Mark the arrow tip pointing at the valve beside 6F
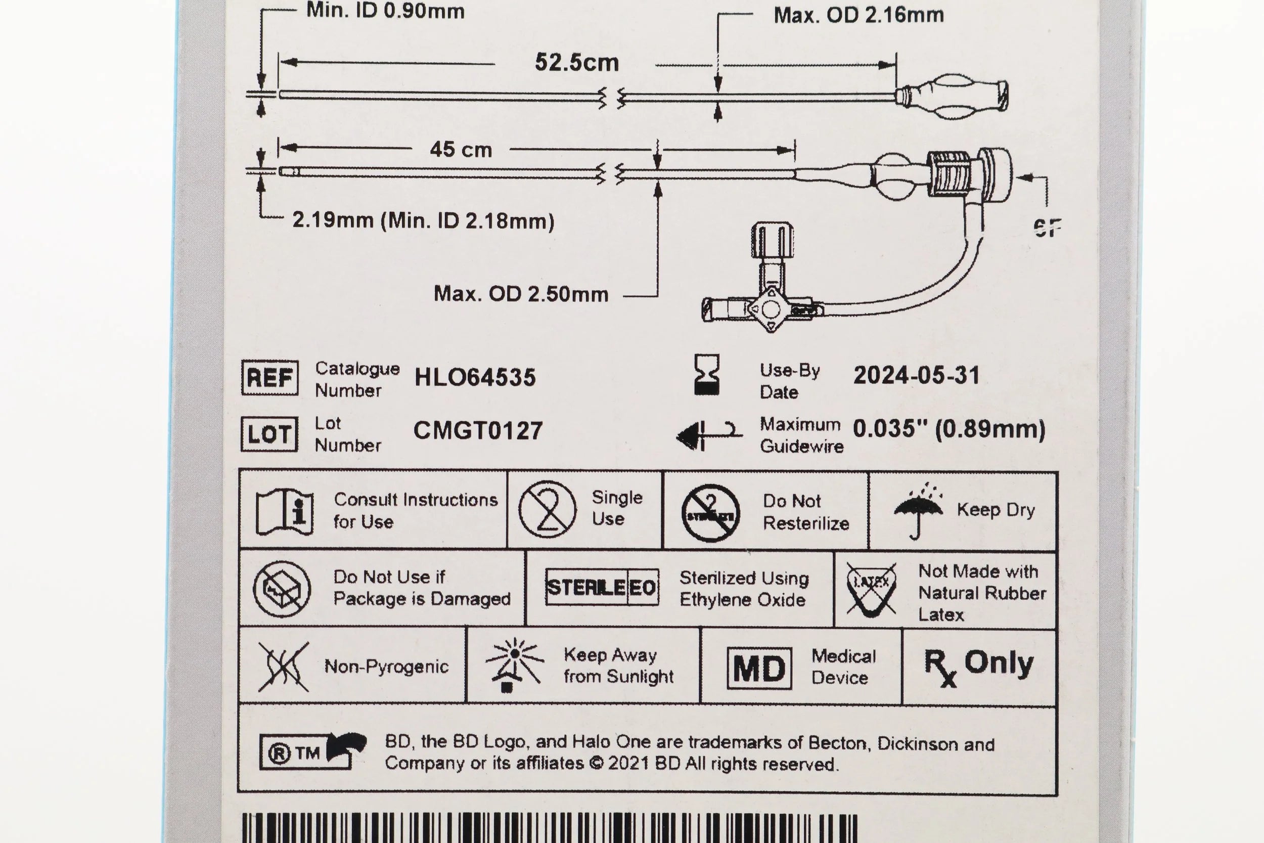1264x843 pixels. tap(1018, 178)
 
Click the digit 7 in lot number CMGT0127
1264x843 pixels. tap(535, 431)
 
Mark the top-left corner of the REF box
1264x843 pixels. tap(242, 361)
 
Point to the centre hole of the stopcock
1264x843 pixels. tap(770, 309)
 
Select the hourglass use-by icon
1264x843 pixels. tap(707, 375)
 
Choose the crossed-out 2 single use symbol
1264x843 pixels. tap(548, 510)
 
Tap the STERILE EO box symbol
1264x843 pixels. tap(602, 587)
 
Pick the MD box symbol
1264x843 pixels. tap(759, 668)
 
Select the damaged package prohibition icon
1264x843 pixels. tap(282, 589)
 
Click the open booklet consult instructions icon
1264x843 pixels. tap(285, 512)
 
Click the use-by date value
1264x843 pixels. tap(917, 375)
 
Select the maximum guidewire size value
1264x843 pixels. tap(949, 429)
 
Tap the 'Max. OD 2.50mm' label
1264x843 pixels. tap(521, 294)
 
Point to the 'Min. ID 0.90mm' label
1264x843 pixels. tap(385, 11)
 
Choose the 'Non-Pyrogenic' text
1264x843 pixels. tap(386, 667)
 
